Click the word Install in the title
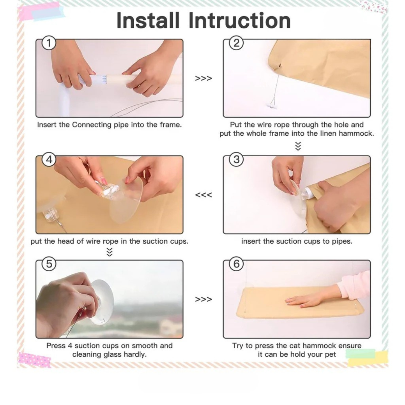pyautogui.click(x=148, y=20)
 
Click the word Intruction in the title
pyautogui.click(x=240, y=20)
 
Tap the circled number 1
pyautogui.click(x=49, y=43)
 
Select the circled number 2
pyautogui.click(x=237, y=43)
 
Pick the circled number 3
pyautogui.click(x=237, y=160)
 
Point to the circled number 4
pyautogui.click(x=49, y=160)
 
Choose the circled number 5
pyautogui.click(x=49, y=264)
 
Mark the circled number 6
pyautogui.click(x=237, y=264)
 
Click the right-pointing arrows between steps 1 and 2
pyautogui.click(x=204, y=78)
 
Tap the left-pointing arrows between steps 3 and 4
pyautogui.click(x=204, y=195)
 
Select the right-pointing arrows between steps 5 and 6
pyautogui.click(x=204, y=299)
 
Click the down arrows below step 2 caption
pyautogui.click(x=298, y=146)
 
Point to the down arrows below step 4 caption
pyautogui.click(x=109, y=252)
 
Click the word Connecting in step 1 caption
pyautogui.click(x=92, y=125)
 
